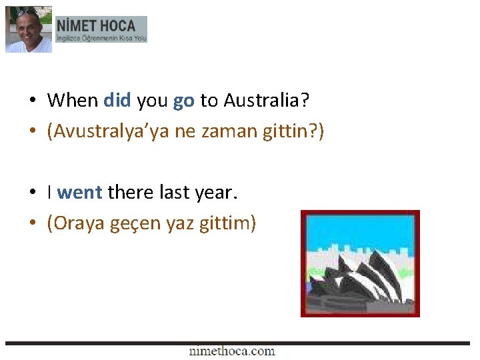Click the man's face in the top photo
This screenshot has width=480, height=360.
(x=28, y=31)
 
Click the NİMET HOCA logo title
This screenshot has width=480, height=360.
(x=96, y=26)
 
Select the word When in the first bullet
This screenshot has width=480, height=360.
(x=73, y=101)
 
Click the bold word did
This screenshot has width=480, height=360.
(x=117, y=101)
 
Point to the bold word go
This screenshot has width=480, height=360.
(x=183, y=101)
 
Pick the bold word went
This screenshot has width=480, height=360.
(x=79, y=193)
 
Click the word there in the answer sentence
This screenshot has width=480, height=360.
(x=131, y=193)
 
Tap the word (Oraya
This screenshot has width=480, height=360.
(x=74, y=223)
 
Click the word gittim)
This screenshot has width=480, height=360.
(x=227, y=223)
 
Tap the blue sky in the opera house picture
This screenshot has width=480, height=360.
(x=360, y=230)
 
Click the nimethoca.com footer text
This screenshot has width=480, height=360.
(x=231, y=351)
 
